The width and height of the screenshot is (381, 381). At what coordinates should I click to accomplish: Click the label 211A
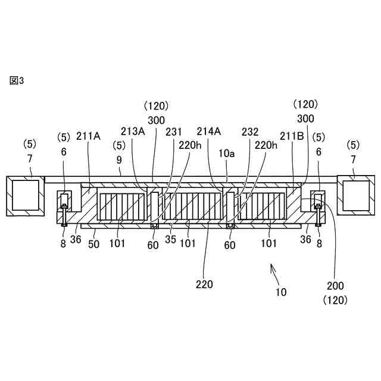(x=88, y=136)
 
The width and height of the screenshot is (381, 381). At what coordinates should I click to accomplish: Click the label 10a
(x=227, y=154)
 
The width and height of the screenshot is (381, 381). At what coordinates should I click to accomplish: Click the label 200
(x=335, y=286)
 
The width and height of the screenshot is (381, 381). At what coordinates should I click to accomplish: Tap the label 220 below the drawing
(x=204, y=284)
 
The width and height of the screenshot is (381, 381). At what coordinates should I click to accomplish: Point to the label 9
(x=119, y=161)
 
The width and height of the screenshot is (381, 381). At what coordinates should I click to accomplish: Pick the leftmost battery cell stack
(x=121, y=207)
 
